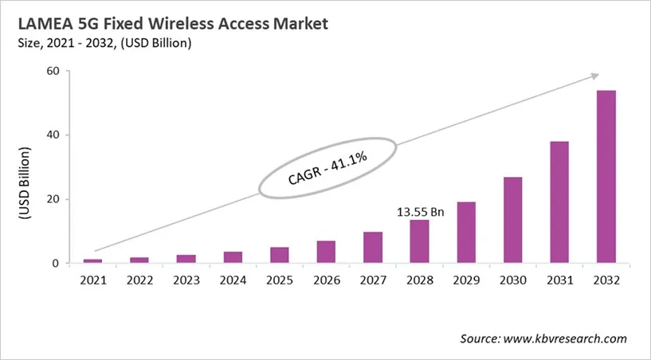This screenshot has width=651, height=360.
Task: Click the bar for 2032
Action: (x=606, y=177)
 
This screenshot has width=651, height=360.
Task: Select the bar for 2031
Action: (x=559, y=202)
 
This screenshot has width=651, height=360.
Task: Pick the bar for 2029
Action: (x=466, y=233)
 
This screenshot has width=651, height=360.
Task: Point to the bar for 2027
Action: (x=373, y=248)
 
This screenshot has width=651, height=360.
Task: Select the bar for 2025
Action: (x=280, y=255)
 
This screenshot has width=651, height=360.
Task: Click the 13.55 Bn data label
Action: (x=420, y=213)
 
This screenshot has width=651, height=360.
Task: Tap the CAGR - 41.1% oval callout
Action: (x=327, y=168)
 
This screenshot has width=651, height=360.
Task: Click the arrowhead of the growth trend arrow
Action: (x=594, y=76)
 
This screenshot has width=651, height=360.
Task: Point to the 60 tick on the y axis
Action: (x=53, y=71)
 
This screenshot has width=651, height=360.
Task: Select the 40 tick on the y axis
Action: (x=53, y=135)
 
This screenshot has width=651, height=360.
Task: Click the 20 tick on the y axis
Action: (x=53, y=199)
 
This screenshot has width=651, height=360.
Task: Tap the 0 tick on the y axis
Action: (x=57, y=264)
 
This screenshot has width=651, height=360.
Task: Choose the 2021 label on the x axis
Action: (x=93, y=280)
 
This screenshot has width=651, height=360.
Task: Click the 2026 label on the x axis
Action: (x=327, y=280)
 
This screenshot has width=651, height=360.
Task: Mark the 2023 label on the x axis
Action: (x=186, y=280)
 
